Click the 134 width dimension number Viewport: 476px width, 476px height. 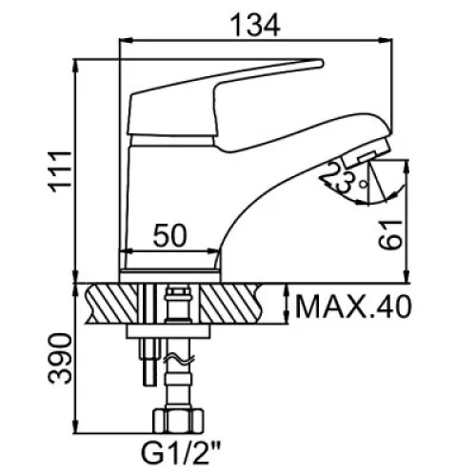click(255, 25)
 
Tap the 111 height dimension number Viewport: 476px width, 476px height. click(59, 171)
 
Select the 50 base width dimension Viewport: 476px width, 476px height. click(170, 235)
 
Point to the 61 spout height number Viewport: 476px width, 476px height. click(390, 234)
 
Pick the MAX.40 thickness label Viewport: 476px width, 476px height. click(353, 307)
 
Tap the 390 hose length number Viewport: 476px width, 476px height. click(60, 359)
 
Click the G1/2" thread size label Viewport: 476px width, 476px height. click(181, 455)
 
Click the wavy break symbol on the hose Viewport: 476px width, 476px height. click(179, 359)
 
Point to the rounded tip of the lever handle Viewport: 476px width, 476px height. click(320, 63)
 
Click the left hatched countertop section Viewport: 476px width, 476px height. click(111, 303)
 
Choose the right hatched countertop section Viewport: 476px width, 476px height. click(232, 303)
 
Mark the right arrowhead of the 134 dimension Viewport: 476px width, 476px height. click(387, 40)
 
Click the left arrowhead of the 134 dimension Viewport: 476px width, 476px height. click(126, 40)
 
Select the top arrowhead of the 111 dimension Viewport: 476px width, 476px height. click(75, 66)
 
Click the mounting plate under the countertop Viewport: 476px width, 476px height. click(169, 330)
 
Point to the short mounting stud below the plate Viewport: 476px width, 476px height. click(149, 362)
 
